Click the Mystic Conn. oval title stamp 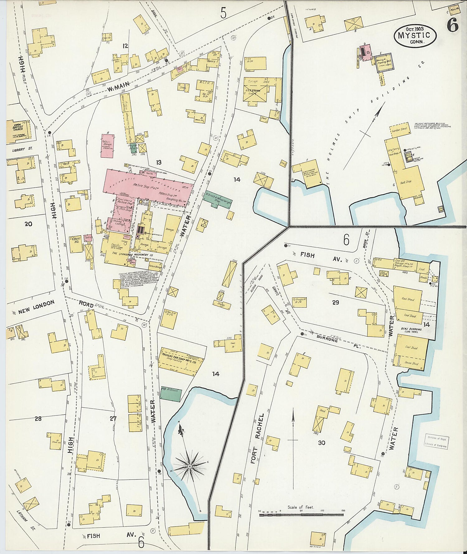pos(415,35)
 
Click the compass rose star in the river pos(189,466)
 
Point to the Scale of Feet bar pos(301,515)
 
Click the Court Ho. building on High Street pos(75,244)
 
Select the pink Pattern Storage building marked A pos(107,146)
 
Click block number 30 pos(322,442)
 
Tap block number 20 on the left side pos(28,224)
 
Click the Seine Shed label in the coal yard pos(411,363)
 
